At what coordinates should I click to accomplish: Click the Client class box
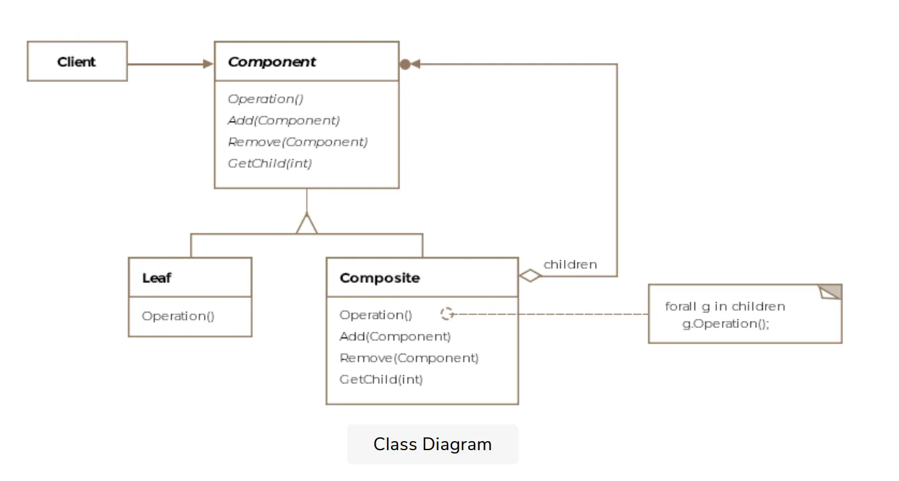click(x=77, y=62)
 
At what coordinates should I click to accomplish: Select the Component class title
click(x=271, y=62)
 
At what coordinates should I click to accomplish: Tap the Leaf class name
click(x=156, y=278)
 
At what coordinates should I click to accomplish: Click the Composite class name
click(x=379, y=278)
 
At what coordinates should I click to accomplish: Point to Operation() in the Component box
click(x=266, y=99)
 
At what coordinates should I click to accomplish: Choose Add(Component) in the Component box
click(x=284, y=120)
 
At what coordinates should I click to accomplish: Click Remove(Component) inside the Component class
click(x=298, y=142)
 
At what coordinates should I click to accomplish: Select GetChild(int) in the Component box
click(x=269, y=163)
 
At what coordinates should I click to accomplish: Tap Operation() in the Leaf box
click(x=178, y=316)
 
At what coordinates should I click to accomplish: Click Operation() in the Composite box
click(x=376, y=315)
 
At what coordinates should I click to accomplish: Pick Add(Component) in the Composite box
click(x=395, y=336)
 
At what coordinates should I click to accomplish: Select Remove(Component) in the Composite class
click(x=409, y=358)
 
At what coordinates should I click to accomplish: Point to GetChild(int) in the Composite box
click(x=381, y=379)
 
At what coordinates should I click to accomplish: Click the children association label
click(x=570, y=264)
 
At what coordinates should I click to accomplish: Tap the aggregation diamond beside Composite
click(x=531, y=277)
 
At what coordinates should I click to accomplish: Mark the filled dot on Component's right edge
click(x=404, y=64)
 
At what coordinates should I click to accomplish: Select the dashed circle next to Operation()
click(x=447, y=314)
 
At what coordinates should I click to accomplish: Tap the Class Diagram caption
click(x=432, y=444)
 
